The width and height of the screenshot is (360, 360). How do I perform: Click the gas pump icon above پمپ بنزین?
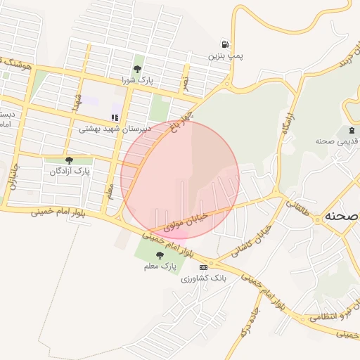tap(224, 44)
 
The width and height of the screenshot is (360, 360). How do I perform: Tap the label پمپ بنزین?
tap(225, 56)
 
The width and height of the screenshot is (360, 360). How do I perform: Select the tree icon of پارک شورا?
tap(137, 69)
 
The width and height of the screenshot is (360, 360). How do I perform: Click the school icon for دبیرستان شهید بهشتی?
tap(115, 118)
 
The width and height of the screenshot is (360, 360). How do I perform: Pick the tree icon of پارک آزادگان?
tap(68, 160)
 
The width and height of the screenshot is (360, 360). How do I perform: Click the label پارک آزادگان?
tap(71, 171)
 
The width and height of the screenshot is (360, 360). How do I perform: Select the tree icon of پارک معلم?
tap(160, 256)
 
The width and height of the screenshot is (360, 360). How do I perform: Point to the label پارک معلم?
tap(158, 266)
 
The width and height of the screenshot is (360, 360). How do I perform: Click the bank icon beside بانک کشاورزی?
tap(204, 267)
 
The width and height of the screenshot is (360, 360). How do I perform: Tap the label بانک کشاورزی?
tap(205, 278)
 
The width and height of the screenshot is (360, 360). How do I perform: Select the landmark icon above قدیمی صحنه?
tap(349, 131)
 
